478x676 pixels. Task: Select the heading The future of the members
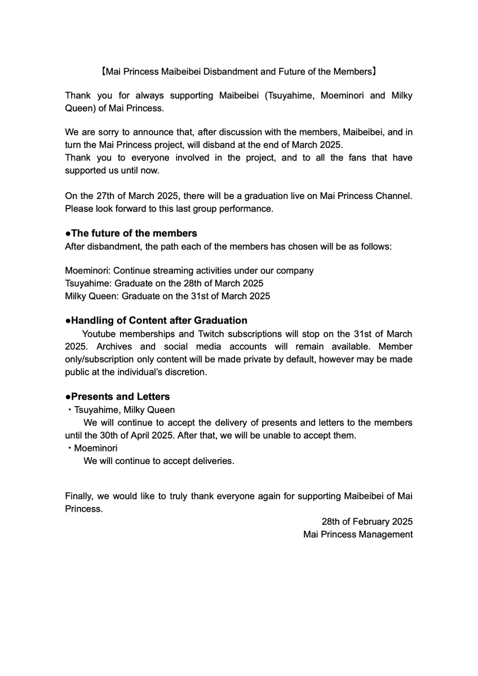point(131,233)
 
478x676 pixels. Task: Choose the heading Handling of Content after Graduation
point(156,320)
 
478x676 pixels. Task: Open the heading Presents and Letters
point(117,396)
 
